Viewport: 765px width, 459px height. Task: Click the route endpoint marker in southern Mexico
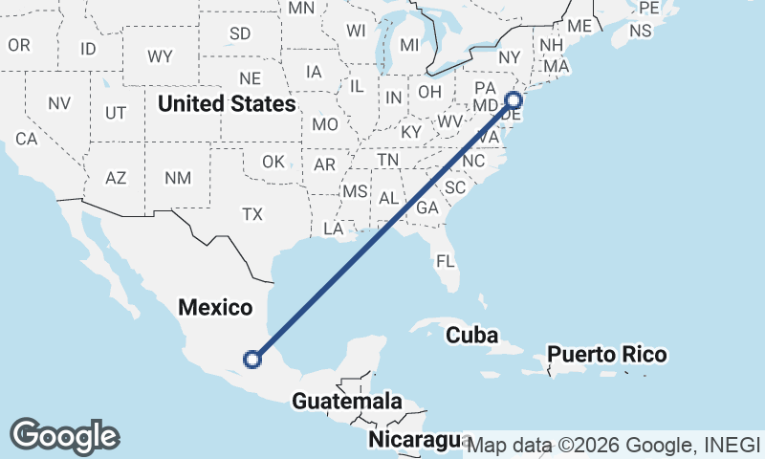point(252,360)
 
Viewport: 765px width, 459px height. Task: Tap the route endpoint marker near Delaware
point(514,99)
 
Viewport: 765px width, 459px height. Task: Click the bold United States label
point(227,103)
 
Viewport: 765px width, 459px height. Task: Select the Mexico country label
point(216,308)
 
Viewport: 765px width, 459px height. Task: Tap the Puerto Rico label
point(606,355)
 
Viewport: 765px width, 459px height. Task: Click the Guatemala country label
point(347,402)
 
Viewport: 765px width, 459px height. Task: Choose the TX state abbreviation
point(252,214)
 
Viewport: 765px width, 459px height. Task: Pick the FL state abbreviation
point(445,260)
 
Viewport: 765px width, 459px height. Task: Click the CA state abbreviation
point(26,139)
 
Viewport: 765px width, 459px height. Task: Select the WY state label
point(160,56)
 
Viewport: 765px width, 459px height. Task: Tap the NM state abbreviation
point(177,178)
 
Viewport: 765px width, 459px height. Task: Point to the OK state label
point(273,162)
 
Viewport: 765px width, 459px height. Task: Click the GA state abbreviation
point(427,208)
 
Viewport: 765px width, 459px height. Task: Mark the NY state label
point(510,57)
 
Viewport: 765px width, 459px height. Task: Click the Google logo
point(64,436)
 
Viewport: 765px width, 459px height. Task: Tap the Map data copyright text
point(613,445)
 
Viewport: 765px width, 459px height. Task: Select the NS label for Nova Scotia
point(640,31)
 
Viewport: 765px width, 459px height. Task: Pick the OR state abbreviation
point(19,45)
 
